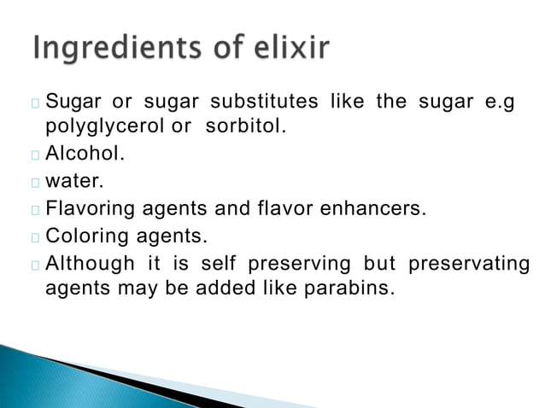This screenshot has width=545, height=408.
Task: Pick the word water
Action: (70, 182)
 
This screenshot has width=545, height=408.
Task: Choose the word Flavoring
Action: (88, 208)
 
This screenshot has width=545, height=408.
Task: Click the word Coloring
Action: (85, 235)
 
